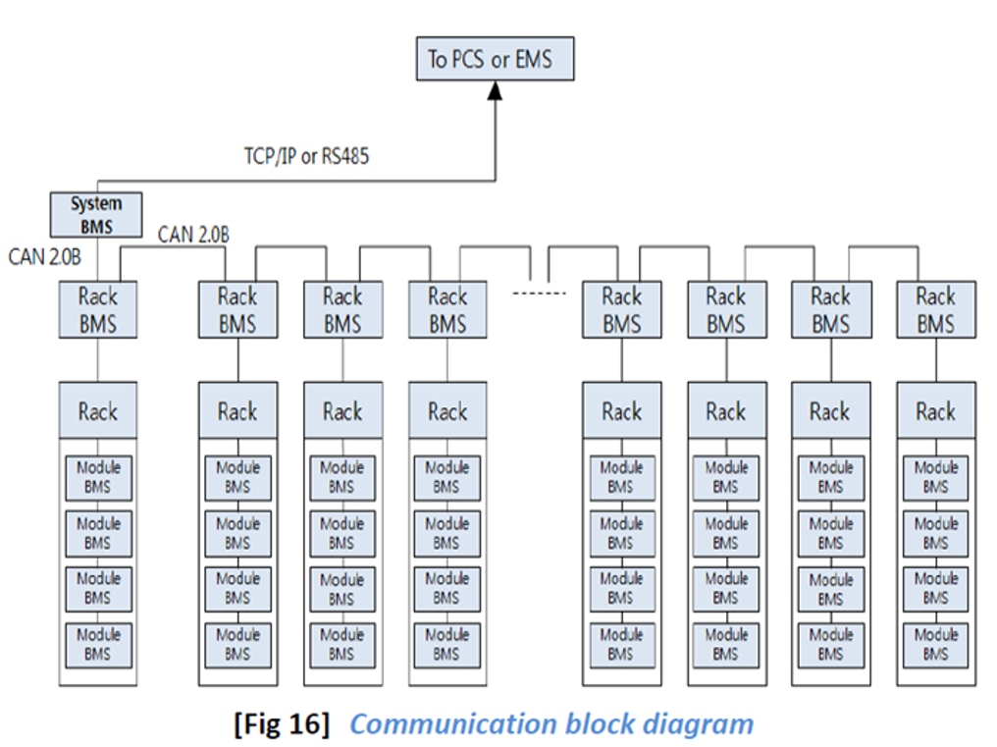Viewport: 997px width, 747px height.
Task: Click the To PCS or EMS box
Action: click(x=495, y=58)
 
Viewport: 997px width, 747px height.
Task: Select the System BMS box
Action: click(x=96, y=215)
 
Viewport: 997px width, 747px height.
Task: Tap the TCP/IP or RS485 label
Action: click(x=306, y=156)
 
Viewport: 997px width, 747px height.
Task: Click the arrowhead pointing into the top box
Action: click(x=496, y=89)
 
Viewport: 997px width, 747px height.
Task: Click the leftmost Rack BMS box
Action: click(x=97, y=309)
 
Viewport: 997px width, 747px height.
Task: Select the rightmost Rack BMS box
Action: click(x=935, y=309)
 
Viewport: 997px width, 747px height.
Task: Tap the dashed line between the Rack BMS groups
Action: click(x=539, y=293)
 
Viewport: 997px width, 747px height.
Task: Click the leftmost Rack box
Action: click(x=97, y=411)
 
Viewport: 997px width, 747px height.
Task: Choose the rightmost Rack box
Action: click(x=935, y=411)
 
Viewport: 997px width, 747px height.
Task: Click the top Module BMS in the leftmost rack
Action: click(x=97, y=477)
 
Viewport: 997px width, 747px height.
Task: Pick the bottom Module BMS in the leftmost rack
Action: click(x=97, y=644)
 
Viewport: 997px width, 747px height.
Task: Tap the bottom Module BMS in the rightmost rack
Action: click(x=935, y=644)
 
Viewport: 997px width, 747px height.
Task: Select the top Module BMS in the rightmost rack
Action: click(x=935, y=477)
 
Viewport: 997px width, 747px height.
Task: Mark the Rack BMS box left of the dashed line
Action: click(x=447, y=309)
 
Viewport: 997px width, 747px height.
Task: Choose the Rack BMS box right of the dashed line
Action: click(x=621, y=309)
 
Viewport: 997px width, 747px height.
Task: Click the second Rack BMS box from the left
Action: click(x=237, y=309)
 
